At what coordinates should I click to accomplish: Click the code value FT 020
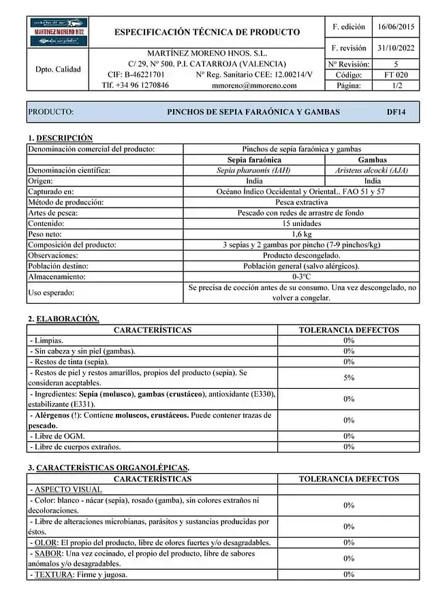click(x=396, y=75)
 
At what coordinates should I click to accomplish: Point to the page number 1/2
click(x=396, y=86)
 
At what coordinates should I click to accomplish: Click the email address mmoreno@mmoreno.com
click(x=254, y=86)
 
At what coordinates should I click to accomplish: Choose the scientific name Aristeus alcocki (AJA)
click(x=372, y=170)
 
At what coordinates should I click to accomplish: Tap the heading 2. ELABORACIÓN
click(x=63, y=319)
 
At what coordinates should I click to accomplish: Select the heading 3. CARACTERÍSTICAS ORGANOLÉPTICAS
click(x=108, y=468)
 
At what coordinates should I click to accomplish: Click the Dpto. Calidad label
click(x=58, y=69)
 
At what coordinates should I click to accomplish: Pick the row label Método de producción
click(x=66, y=202)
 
